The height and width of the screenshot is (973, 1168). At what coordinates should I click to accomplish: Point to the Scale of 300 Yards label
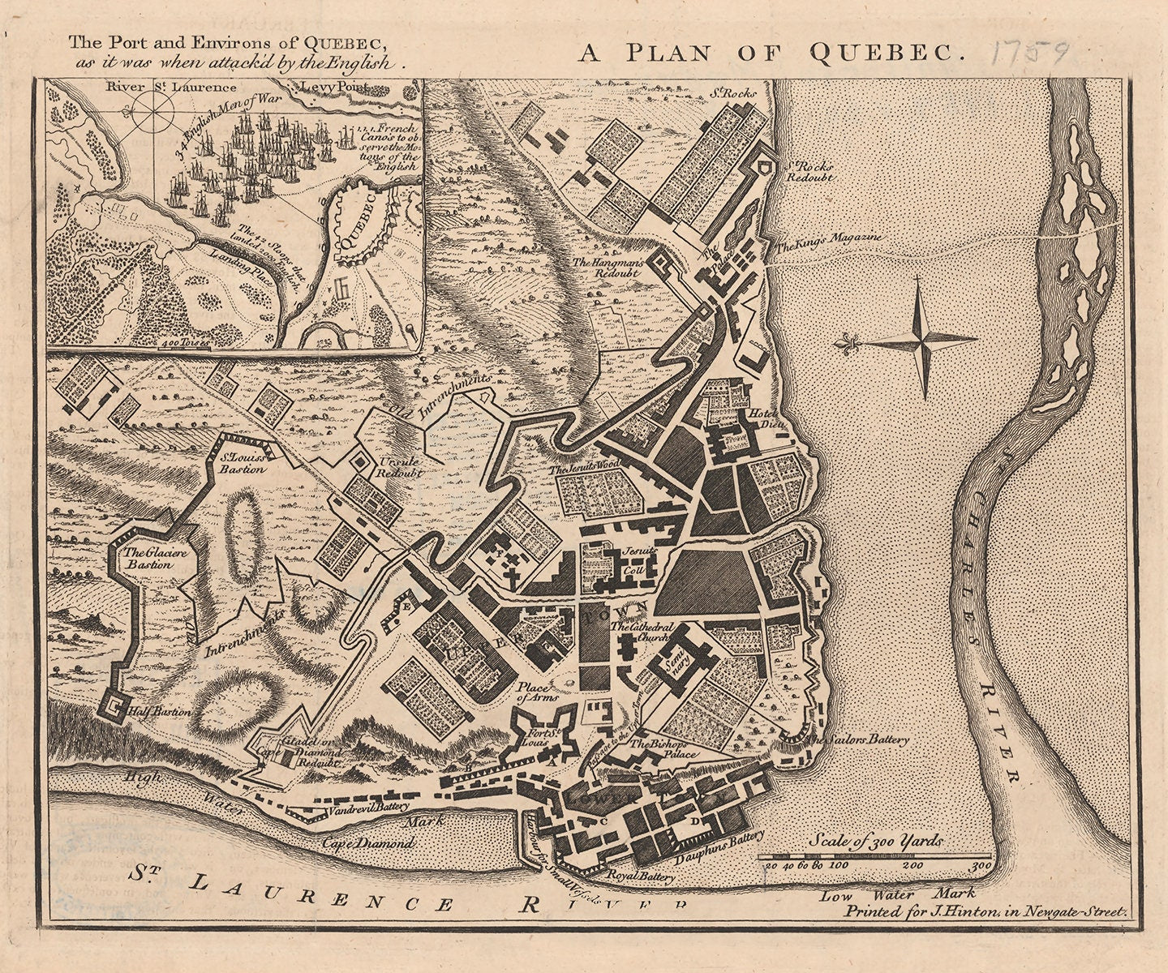point(876,841)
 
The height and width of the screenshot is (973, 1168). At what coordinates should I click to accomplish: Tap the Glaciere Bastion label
point(147,558)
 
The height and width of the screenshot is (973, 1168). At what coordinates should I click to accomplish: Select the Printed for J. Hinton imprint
point(985,911)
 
